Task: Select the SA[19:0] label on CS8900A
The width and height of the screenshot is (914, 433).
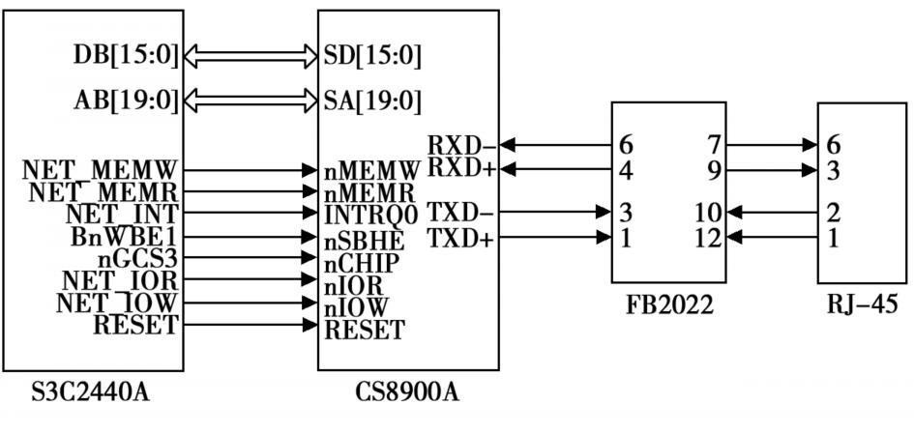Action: (373, 101)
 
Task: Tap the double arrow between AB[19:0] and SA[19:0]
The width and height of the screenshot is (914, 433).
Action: (251, 101)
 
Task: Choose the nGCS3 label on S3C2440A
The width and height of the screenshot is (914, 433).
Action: (138, 259)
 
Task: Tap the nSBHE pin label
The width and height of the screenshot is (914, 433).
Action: (365, 238)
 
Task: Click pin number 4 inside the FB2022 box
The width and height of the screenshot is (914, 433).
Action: (627, 170)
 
